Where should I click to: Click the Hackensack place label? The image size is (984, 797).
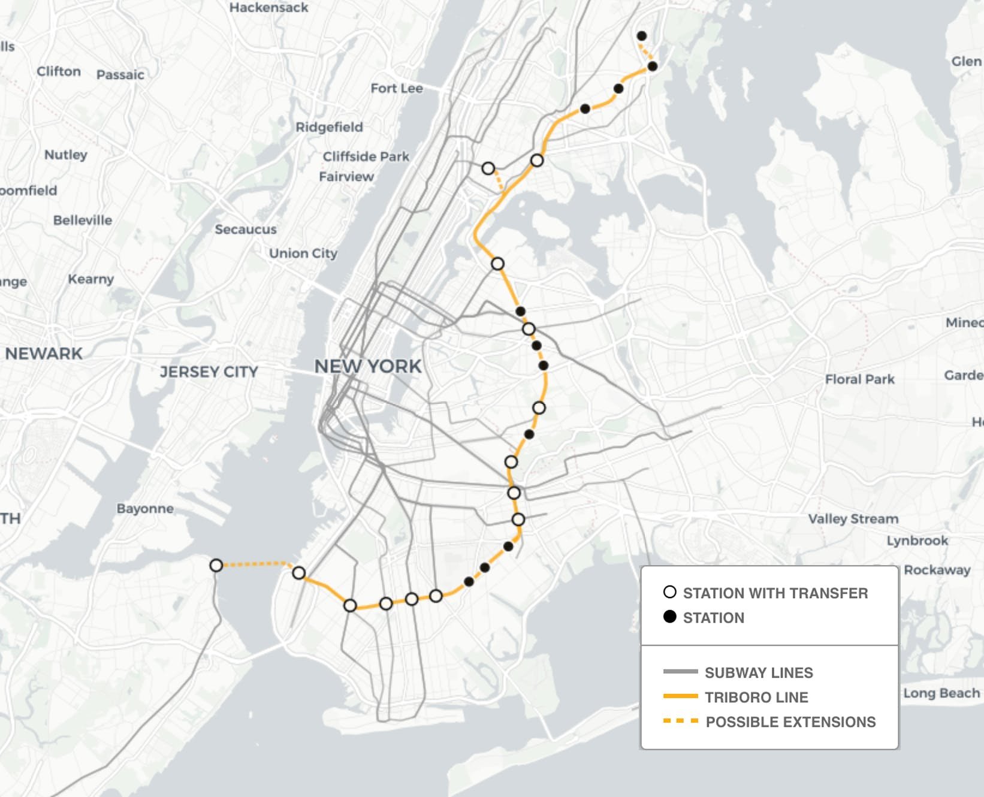click(x=268, y=8)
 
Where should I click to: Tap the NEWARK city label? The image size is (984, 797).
click(x=44, y=354)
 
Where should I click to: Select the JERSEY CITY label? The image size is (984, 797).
click(x=209, y=372)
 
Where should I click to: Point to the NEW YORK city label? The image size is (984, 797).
click(x=368, y=366)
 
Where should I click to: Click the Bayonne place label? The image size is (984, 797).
click(x=145, y=509)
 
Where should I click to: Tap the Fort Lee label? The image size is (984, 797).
click(x=396, y=89)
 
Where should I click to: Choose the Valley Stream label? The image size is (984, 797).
click(x=853, y=519)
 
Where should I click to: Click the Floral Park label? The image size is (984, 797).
click(x=859, y=379)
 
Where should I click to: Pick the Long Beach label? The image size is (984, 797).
click(x=941, y=693)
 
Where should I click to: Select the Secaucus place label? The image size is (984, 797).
click(x=246, y=230)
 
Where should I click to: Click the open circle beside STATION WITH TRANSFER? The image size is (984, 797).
click(x=670, y=592)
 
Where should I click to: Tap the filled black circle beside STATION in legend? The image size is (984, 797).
click(x=670, y=617)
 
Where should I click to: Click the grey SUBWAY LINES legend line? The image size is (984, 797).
click(x=680, y=672)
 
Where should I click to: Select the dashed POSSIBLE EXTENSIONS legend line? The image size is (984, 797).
click(x=680, y=721)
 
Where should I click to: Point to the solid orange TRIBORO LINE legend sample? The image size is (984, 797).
click(x=680, y=696)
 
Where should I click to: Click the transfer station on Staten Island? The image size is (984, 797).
click(x=216, y=565)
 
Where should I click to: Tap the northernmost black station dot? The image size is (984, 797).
click(x=641, y=36)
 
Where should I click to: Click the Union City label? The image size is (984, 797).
click(x=303, y=253)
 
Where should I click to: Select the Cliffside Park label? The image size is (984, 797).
click(x=366, y=156)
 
